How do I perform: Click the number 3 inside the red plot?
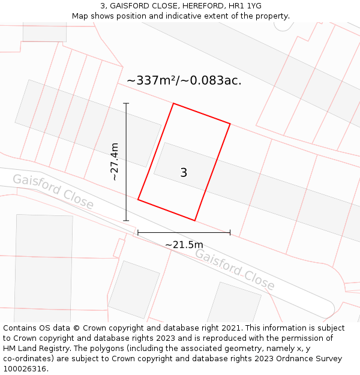184,173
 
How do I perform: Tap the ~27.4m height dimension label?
114,161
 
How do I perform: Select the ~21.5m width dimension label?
184,244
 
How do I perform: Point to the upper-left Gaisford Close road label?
53,192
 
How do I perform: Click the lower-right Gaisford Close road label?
235,269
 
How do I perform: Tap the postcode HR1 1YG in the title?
245,6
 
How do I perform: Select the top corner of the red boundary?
173,104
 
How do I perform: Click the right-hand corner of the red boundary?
230,124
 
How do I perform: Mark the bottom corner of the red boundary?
195,220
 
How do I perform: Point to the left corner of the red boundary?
138,200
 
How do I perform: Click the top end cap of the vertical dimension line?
126,104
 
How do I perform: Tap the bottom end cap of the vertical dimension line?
126,220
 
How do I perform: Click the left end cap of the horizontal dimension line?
138,232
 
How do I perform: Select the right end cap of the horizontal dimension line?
230,232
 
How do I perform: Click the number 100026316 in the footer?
23,368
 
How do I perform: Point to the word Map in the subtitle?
80,16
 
